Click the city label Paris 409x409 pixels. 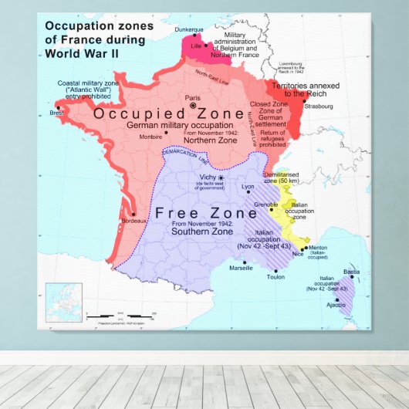pyautogui.click(x=193, y=98)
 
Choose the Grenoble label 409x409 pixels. pyautogui.click(x=266, y=204)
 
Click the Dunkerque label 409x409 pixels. pyautogui.click(x=189, y=30)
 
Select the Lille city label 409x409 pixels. pyautogui.click(x=195, y=46)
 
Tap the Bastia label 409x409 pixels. pyautogui.click(x=351, y=272)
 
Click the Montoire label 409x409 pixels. pyautogui.click(x=150, y=137)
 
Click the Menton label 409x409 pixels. pyautogui.click(x=318, y=248)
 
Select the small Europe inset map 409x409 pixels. pyautogui.click(x=63, y=303)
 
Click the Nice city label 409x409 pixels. pyautogui.click(x=298, y=254)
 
